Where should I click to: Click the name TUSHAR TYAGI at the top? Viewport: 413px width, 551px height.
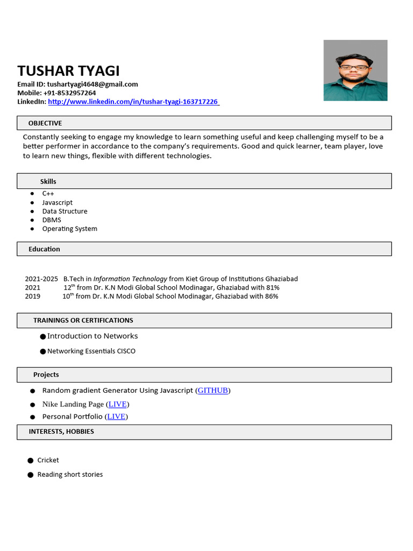coord(68,70)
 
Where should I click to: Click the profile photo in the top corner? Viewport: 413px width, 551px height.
coord(355,70)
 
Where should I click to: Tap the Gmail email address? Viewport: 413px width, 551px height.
coord(92,84)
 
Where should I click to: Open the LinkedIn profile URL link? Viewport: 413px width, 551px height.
coord(133,101)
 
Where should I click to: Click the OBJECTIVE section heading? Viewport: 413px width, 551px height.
coord(45,123)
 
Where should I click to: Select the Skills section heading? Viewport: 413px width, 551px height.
coord(48,181)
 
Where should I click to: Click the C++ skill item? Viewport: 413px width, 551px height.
coord(48,193)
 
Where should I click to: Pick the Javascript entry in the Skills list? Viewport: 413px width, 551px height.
coord(58,202)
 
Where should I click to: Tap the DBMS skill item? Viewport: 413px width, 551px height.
coord(52,220)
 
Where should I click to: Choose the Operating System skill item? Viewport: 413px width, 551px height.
coord(70,229)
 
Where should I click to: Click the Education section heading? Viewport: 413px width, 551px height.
coord(44,249)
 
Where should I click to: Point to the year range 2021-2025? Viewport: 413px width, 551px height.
coord(41,279)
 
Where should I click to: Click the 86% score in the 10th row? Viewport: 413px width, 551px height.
coord(272,296)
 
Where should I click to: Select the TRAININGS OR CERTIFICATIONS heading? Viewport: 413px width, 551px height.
coord(83,320)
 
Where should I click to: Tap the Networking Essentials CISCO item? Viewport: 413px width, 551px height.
coord(91,351)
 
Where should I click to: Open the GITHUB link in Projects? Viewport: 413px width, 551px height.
coord(213,390)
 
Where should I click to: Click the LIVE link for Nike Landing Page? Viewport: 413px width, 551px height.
coord(117,404)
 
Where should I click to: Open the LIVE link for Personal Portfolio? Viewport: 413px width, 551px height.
coord(116,416)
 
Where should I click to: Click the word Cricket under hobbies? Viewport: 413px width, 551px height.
coord(48,460)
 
